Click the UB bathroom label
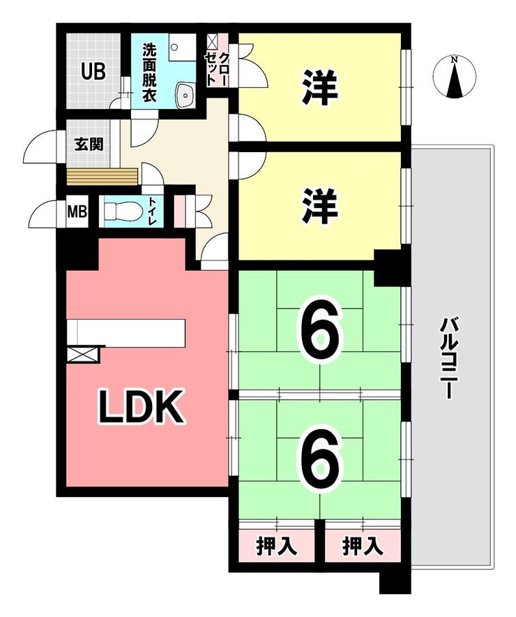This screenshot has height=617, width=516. coord(93,72)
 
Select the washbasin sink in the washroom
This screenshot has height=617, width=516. coord(185,95)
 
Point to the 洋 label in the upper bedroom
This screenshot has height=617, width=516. coord(320,87)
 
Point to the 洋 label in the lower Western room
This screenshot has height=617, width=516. coord(320,206)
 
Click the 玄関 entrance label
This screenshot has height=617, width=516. coord(89,144)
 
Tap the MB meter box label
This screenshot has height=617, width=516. coord(77,212)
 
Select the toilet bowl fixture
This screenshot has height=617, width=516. coord(122,212)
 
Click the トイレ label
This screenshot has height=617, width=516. coord(152,211)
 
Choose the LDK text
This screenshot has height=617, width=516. coord(140,406)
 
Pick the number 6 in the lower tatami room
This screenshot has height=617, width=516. coord(321,458)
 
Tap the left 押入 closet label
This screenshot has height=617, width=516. coord(276,547)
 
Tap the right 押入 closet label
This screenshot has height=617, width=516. coord(363,547)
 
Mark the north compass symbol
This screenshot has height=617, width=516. coord(455,77)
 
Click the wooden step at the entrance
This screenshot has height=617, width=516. coord(103,177)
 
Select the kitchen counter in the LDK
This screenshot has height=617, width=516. coord(126,333)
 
